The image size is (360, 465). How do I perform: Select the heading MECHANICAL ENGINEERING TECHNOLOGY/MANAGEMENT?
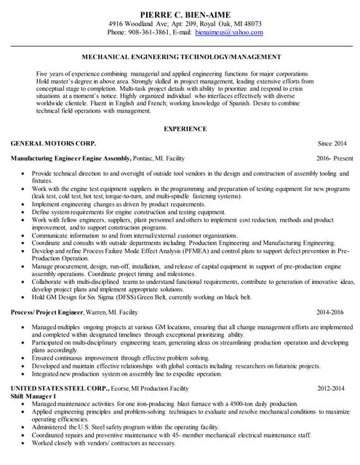tap(180, 57)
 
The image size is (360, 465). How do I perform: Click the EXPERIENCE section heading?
tap(180, 129)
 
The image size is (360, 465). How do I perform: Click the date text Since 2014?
tap(332, 144)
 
